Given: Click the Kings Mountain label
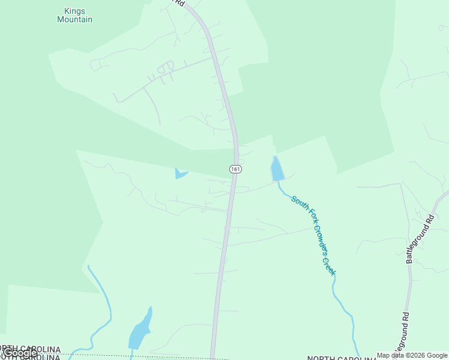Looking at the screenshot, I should point(74,15).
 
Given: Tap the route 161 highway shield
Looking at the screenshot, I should point(235,169).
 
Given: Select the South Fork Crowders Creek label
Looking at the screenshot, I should point(313,235).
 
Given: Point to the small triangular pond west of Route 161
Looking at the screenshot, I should point(179,174).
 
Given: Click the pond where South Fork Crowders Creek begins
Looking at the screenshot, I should point(276,169).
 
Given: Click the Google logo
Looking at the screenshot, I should point(20,353).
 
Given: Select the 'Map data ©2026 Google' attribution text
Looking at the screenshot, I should point(412,355).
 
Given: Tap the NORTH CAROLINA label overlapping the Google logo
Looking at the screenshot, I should point(30,349).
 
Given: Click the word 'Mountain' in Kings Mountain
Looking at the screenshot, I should point(74,19).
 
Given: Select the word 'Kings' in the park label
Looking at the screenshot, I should point(74,11).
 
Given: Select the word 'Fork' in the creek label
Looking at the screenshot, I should point(305,212).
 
